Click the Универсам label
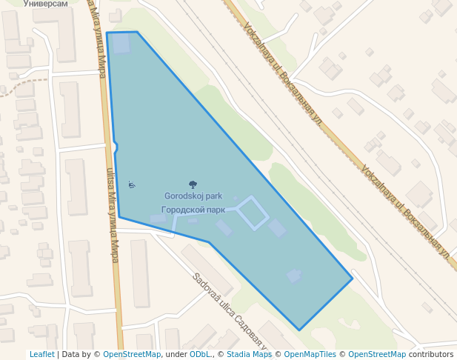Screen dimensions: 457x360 pos(46,4)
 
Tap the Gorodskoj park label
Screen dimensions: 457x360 pos(193,196)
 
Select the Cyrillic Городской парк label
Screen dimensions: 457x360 pos(193,210)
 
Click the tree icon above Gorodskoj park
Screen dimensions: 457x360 pos(193,184)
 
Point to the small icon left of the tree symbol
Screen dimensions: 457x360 pos(131,184)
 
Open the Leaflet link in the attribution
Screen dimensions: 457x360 pos(42,355)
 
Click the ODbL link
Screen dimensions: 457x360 pos(200,355)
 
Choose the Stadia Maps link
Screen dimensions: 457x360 pos(249,355)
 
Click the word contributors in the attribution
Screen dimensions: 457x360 pos(430,355)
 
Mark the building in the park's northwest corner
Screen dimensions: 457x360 pos(120,43)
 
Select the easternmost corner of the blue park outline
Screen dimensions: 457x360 pos(353,279)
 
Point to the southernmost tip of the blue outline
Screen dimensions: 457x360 pos(299,330)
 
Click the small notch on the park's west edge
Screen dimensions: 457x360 pos(116,149)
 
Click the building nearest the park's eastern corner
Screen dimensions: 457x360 pos(295,276)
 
